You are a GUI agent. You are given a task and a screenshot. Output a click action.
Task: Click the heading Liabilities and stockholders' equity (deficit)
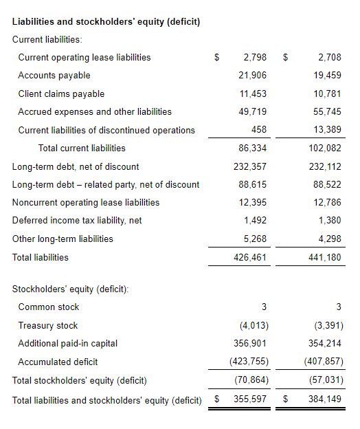(x=106, y=21)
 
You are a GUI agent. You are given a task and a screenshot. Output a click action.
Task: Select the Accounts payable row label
(x=54, y=75)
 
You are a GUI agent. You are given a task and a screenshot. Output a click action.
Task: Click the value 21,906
(x=252, y=75)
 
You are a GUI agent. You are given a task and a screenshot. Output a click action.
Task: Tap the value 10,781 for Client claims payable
(x=327, y=93)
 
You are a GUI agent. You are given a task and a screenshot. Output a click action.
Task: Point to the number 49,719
(x=252, y=111)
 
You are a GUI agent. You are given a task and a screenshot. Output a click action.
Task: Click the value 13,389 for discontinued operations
(x=327, y=129)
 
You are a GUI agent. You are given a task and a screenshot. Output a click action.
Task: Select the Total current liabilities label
(x=82, y=148)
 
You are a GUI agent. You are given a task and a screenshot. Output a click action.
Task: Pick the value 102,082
(x=325, y=148)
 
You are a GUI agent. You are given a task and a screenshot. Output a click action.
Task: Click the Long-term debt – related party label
(x=106, y=185)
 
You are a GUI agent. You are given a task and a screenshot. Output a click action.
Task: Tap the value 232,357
(x=250, y=166)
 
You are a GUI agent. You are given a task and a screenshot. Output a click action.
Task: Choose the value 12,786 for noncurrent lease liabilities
(x=327, y=202)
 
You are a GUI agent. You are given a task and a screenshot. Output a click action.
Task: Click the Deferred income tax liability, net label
(x=77, y=221)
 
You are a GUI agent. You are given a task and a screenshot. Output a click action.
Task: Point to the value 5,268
(x=255, y=239)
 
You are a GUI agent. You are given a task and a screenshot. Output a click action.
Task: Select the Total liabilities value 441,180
(x=325, y=257)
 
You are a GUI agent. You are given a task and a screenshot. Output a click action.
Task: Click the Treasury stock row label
(x=48, y=326)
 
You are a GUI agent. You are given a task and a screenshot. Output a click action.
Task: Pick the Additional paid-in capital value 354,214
(x=325, y=343)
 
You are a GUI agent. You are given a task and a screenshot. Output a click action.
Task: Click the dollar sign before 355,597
(x=217, y=399)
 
